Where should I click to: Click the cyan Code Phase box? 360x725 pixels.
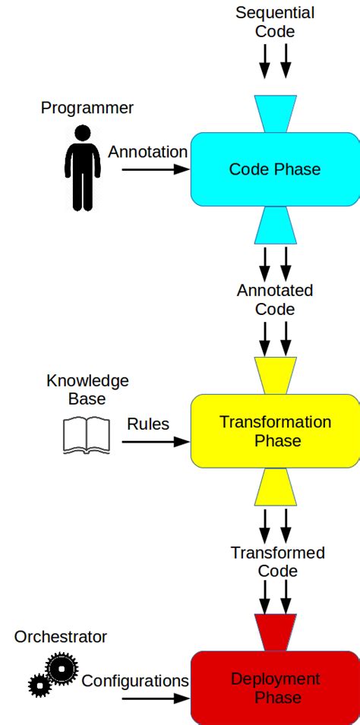click(275, 169)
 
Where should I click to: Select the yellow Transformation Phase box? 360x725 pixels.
click(275, 431)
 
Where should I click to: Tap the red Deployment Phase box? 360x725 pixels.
click(275, 688)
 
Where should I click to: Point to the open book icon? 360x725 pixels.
click(85, 436)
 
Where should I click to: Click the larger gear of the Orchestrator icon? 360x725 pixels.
click(62, 667)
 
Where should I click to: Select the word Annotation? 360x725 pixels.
click(147, 152)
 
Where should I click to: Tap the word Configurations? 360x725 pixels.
click(135, 681)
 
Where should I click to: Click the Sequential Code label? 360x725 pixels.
click(275, 22)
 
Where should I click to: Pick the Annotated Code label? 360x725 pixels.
click(275, 300)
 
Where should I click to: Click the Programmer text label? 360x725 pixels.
click(87, 108)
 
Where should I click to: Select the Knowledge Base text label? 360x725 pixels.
click(87, 389)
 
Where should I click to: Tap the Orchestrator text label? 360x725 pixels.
click(61, 637)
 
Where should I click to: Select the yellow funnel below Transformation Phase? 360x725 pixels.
click(275, 487)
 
